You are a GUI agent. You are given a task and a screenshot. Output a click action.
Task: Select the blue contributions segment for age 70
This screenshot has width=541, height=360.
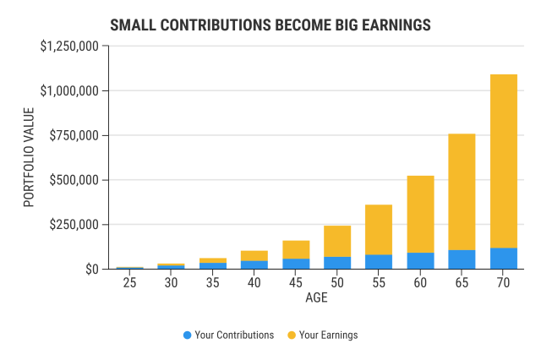(504, 259)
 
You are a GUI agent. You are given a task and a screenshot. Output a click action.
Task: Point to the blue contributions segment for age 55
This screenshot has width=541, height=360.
(379, 262)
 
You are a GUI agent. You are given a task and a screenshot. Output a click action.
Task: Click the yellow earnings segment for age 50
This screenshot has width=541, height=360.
(337, 241)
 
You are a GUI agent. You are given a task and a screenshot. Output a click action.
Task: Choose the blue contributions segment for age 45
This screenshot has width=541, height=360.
(296, 264)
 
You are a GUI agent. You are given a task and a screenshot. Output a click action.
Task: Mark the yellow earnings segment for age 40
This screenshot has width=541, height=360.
(254, 255)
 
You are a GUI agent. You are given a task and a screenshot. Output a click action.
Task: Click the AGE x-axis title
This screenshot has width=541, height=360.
(317, 298)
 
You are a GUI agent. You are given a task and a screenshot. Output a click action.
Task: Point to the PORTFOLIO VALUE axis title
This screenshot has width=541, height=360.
(30, 158)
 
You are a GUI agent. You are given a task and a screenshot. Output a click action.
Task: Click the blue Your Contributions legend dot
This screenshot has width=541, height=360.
(187, 335)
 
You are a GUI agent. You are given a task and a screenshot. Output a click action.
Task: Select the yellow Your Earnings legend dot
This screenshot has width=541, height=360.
(291, 335)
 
